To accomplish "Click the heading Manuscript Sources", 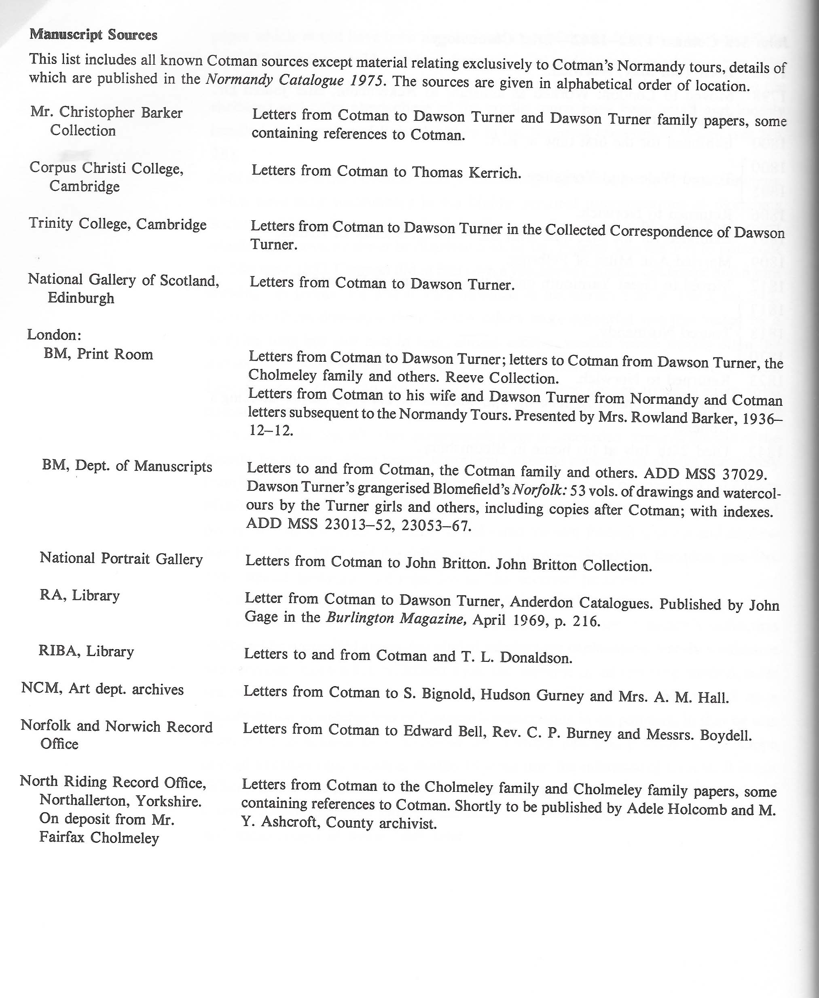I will point(93,35).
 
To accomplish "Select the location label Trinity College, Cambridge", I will point(117,224).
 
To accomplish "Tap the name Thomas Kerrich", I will point(467,173).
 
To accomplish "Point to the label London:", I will point(54,335).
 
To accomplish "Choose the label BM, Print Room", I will point(98,354).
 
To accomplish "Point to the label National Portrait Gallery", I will point(121,559).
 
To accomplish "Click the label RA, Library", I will point(80,595).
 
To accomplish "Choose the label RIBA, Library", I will point(86,652).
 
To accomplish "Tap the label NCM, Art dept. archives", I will point(102,689).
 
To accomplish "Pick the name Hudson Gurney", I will point(532,695).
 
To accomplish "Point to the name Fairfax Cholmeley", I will point(99,838).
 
